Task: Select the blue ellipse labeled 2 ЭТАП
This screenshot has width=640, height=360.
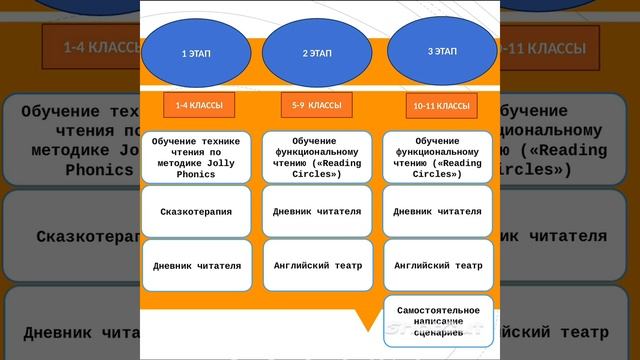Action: pyautogui.click(x=316, y=52)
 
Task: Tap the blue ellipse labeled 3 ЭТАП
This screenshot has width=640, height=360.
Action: pyautogui.click(x=441, y=50)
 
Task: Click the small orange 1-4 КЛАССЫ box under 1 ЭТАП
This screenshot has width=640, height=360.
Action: pyautogui.click(x=198, y=105)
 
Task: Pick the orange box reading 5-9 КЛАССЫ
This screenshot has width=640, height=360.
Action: pyautogui.click(x=316, y=104)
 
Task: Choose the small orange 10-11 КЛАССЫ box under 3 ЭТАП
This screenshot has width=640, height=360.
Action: pyautogui.click(x=441, y=106)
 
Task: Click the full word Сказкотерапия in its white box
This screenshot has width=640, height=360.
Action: pyautogui.click(x=196, y=212)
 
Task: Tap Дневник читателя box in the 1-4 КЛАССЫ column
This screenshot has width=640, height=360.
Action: pyautogui.click(x=196, y=266)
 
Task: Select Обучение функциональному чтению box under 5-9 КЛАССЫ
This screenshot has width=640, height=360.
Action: pyautogui.click(x=316, y=157)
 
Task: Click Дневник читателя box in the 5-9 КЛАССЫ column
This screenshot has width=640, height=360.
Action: pyautogui.click(x=316, y=211)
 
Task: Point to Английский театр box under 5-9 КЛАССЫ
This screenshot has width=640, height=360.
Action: pyautogui.click(x=316, y=265)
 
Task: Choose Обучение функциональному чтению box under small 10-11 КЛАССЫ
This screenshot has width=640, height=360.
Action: pyautogui.click(x=437, y=157)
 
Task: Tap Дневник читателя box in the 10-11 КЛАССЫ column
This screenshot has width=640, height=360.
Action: pyautogui.click(x=437, y=211)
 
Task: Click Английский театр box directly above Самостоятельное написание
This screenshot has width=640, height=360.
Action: pyautogui.click(x=437, y=265)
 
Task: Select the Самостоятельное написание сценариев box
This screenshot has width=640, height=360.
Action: pyautogui.click(x=437, y=320)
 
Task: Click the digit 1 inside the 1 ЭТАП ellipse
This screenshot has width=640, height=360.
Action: pyautogui.click(x=183, y=53)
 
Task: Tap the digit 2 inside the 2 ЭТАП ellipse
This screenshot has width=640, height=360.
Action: pyautogui.click(x=305, y=53)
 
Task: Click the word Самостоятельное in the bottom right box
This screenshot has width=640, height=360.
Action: pyautogui.click(x=437, y=309)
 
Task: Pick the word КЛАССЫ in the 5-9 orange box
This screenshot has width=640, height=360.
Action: pyautogui.click(x=324, y=104)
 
